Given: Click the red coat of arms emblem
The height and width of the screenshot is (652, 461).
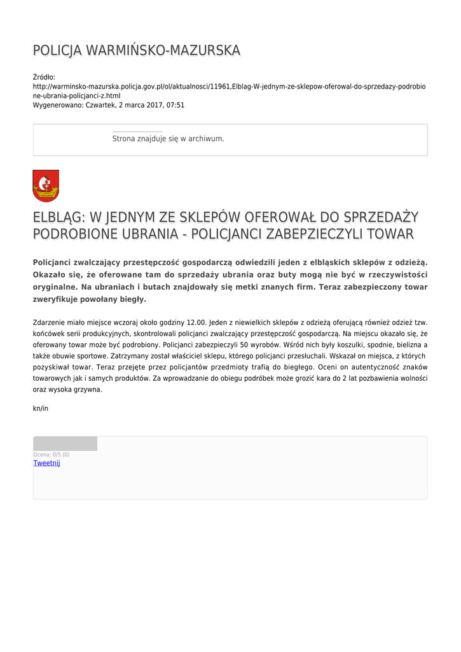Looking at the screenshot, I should pos(46,185).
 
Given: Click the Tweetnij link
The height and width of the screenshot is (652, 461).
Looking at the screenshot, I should pos(46,463).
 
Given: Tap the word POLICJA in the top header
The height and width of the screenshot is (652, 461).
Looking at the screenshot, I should pos(57,50).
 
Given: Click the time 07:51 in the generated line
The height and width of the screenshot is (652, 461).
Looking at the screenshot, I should pos(175,105).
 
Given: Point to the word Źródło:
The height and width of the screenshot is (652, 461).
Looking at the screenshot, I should pos(44,77).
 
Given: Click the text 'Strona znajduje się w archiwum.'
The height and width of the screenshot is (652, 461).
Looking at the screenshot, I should pos(168,138).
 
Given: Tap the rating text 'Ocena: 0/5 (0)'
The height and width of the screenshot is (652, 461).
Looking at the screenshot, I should pos(52,455).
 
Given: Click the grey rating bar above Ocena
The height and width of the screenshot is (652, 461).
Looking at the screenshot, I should pos(65,443).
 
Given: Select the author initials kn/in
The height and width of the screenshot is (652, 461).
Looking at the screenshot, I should pos(41,408).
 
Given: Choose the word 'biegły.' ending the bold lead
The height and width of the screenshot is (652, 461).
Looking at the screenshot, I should pos(133,299).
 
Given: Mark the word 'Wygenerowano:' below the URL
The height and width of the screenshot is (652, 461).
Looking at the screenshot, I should pos(58,105).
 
